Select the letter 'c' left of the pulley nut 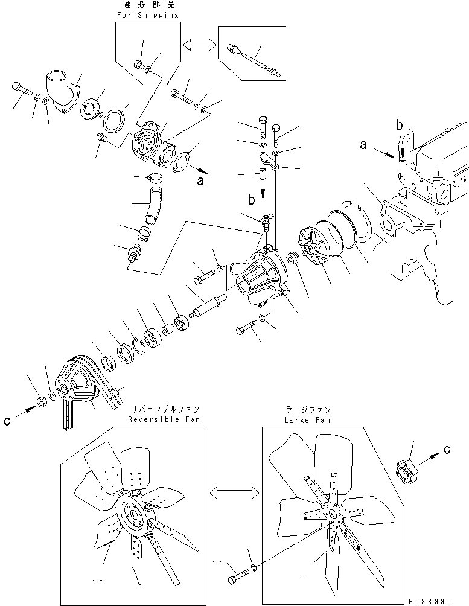click(x=8, y=421)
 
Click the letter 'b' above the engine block click(x=399, y=126)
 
